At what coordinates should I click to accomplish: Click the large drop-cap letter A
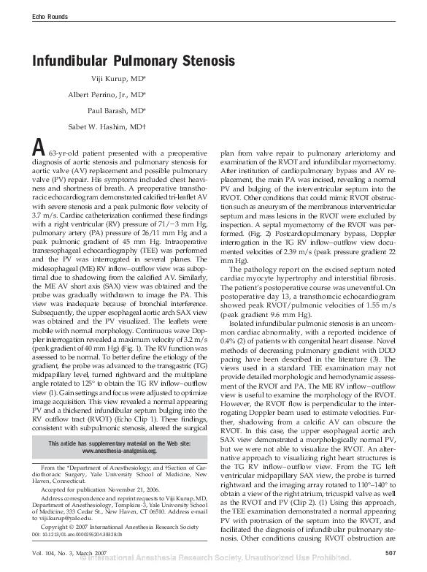tap(39, 148)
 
